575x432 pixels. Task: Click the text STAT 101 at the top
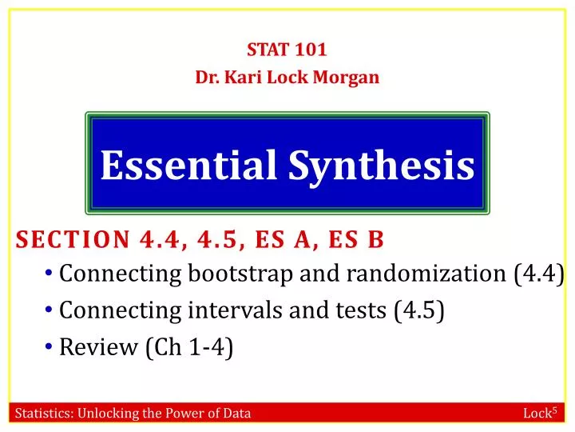point(287,50)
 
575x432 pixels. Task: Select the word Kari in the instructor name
point(249,78)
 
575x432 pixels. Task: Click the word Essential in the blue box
point(188,166)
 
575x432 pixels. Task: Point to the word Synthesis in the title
point(381,166)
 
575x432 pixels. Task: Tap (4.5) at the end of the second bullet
point(419,311)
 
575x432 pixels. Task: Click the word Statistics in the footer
point(44,414)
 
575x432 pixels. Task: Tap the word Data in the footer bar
point(237,414)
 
